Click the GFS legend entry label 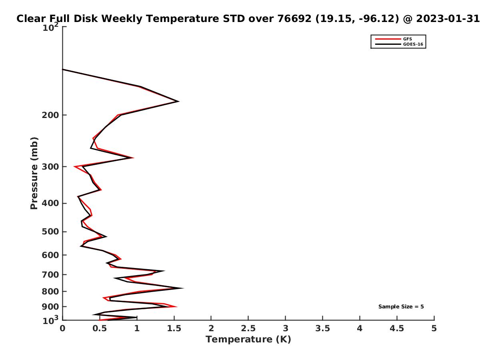click(407, 39)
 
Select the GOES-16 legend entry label click(413, 44)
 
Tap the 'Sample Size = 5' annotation click(401, 306)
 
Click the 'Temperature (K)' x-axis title click(248, 339)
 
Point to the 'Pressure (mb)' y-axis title click(34, 173)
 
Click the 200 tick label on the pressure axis click(50, 115)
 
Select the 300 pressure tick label click(50, 167)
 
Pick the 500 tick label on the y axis click(50, 232)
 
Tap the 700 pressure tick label click(50, 275)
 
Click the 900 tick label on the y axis click(50, 307)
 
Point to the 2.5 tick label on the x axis click(248, 328)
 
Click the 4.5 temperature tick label click(396, 328)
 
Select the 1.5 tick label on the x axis click(174, 328)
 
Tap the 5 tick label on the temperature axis click(434, 328)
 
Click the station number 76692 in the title click(294, 19)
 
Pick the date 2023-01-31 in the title click(448, 19)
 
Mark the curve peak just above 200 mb click(179, 101)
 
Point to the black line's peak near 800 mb click(183, 288)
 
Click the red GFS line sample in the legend click(388, 39)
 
